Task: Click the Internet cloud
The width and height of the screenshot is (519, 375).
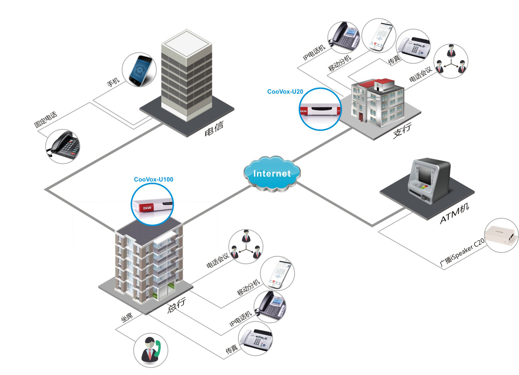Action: [x=272, y=174]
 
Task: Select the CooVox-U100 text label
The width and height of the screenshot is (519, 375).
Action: [x=153, y=179]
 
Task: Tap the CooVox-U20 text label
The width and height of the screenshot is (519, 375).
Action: [x=285, y=92]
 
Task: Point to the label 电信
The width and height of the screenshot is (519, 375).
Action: [x=214, y=128]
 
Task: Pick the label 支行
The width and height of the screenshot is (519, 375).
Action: [x=402, y=131]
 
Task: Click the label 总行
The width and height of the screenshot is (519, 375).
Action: [x=177, y=305]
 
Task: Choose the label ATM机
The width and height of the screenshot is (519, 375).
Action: [x=454, y=214]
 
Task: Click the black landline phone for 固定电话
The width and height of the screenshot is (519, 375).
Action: [x=63, y=146]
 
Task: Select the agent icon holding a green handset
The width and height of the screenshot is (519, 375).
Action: [x=151, y=350]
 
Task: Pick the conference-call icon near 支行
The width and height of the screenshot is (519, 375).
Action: [x=451, y=61]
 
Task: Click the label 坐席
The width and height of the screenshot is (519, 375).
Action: [x=127, y=317]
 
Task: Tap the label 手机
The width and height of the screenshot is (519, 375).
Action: [x=113, y=82]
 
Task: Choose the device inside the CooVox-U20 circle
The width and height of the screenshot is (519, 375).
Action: [x=320, y=110]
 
